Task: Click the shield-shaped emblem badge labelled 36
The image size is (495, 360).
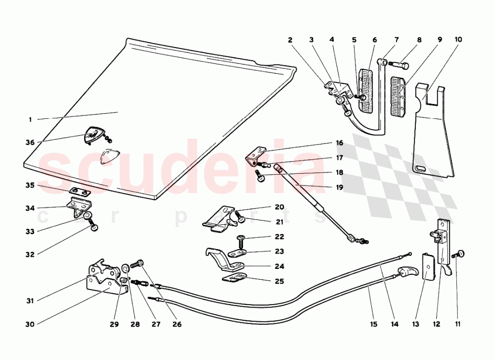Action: (96, 136)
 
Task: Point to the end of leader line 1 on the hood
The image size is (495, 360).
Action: (118, 112)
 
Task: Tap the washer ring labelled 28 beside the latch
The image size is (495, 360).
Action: (125, 269)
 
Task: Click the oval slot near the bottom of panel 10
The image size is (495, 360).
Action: (421, 168)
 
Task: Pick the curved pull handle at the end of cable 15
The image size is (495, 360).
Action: (409, 271)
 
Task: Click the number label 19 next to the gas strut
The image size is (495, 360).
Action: (340, 187)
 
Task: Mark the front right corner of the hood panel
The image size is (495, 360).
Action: (156, 198)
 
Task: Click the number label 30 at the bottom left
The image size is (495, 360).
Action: (30, 324)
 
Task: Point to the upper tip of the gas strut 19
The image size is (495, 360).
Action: (277, 166)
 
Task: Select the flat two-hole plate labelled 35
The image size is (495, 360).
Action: (80, 191)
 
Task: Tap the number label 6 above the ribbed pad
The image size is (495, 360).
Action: (375, 40)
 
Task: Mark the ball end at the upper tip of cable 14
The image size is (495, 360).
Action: (409, 254)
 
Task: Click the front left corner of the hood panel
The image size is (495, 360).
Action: (25, 164)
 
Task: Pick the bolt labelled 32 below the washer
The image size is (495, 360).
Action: (94, 225)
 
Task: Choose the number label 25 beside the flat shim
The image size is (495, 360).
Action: (279, 281)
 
